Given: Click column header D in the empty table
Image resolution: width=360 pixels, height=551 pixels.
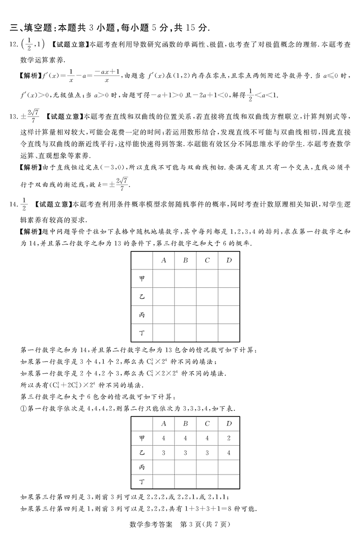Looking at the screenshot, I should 229,260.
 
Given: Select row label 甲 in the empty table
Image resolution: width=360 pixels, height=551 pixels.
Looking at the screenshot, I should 142,278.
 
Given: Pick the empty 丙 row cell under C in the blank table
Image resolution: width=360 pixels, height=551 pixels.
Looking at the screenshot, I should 207,314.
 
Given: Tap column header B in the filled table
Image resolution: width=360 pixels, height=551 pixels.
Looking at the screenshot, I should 185,423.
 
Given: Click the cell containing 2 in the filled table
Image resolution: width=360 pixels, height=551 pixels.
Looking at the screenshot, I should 229,438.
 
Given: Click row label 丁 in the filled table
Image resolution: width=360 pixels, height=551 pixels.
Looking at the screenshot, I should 142,482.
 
